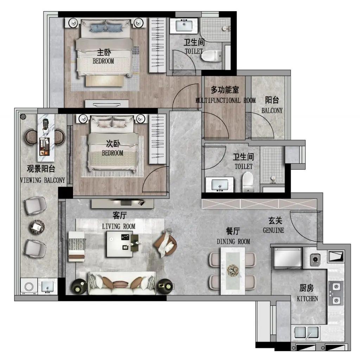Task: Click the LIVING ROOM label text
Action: click(118, 226)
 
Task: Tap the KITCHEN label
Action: click(307, 299)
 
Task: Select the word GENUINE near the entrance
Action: click(274, 230)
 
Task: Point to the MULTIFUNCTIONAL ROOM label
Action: click(225, 101)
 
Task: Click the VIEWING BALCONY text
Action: click(43, 180)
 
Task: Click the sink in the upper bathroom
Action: click(184, 26)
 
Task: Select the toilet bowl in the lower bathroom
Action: click(248, 182)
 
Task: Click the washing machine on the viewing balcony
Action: click(29, 286)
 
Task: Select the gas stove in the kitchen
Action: click(336, 293)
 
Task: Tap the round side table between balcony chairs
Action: click(37, 227)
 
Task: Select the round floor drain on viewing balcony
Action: click(23, 116)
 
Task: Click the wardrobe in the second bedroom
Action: click(157, 139)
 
